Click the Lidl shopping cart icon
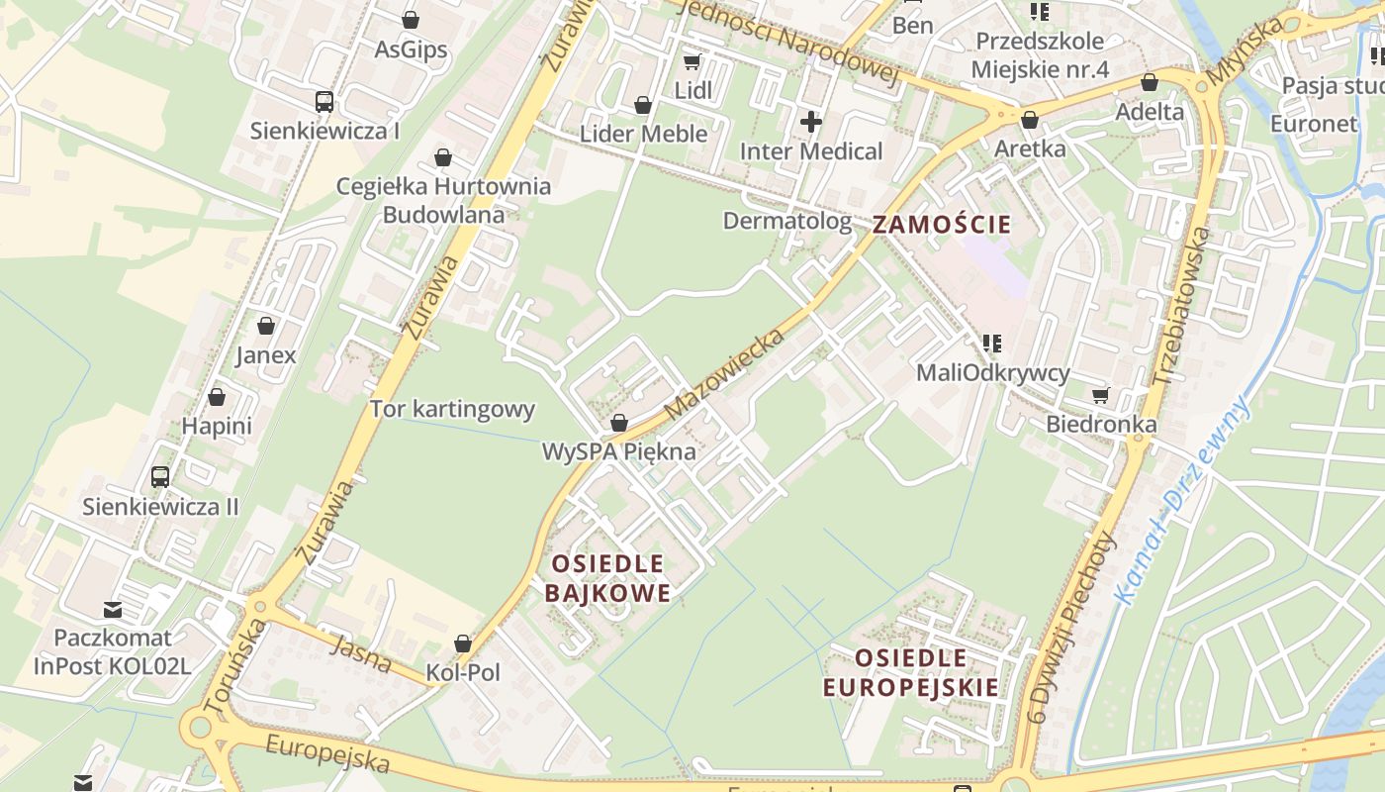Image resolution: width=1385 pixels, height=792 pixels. pyautogui.click(x=692, y=61)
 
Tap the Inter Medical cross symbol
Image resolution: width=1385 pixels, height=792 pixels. pyautogui.click(x=811, y=122)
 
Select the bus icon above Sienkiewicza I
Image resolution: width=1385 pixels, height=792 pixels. pyautogui.click(x=324, y=101)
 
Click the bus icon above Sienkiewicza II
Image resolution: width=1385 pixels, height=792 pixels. pyautogui.click(x=160, y=477)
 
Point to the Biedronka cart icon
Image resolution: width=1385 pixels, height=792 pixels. pyautogui.click(x=1101, y=395)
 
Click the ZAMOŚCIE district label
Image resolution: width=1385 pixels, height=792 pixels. pyautogui.click(x=942, y=224)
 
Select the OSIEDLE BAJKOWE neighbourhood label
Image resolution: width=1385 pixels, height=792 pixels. pyautogui.click(x=607, y=578)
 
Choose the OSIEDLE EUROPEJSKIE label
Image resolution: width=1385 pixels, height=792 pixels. pyautogui.click(x=911, y=672)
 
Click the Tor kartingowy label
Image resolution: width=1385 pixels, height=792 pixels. pyautogui.click(x=452, y=409)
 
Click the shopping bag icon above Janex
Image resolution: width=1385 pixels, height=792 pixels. pyautogui.click(x=266, y=325)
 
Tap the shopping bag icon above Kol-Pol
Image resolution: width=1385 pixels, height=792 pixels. pyautogui.click(x=463, y=643)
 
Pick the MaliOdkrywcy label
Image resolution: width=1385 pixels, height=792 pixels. pyautogui.click(x=993, y=372)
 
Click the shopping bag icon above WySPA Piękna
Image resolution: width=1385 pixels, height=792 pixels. pyautogui.click(x=619, y=423)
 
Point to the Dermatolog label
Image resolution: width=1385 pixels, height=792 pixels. pyautogui.click(x=787, y=220)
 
